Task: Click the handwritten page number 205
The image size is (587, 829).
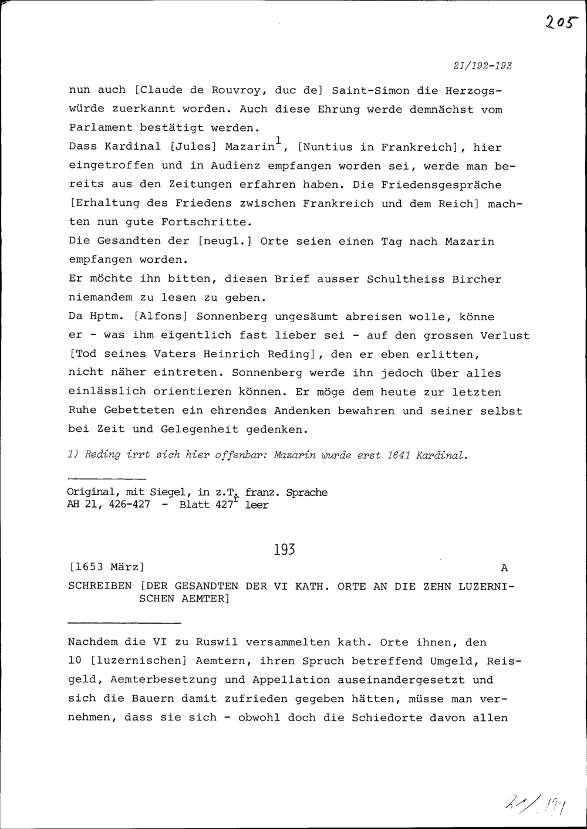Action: point(561,22)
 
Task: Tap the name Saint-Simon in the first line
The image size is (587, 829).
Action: point(370,91)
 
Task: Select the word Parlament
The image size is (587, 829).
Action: point(100,127)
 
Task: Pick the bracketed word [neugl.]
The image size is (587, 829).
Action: point(225,241)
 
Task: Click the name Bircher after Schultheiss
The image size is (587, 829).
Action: point(477,279)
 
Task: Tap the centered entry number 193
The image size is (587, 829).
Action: point(284,550)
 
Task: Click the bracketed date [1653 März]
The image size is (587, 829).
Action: point(106,567)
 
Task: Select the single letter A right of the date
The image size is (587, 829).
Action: point(504,568)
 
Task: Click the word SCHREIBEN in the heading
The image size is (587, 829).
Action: point(100,586)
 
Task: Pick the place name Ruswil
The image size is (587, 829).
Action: point(217,642)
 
